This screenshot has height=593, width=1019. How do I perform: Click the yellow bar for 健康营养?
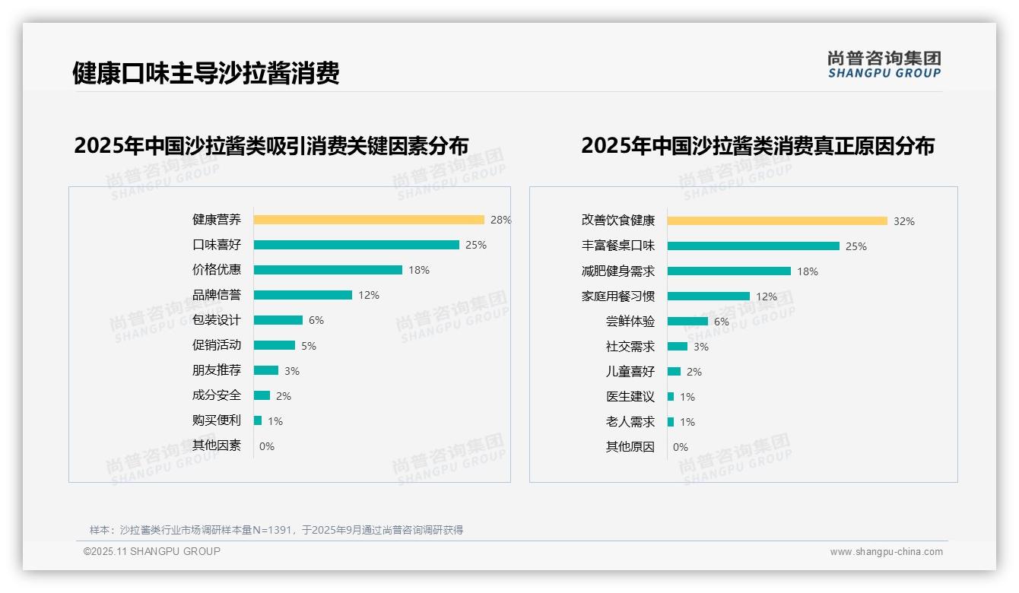coord(369,220)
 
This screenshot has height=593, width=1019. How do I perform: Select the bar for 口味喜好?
coord(356,245)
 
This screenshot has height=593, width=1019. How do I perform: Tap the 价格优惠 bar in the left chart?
coord(328,270)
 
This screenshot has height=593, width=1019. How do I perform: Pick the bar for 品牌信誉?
coord(303,295)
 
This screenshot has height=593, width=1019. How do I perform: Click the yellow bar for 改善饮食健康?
coord(777,221)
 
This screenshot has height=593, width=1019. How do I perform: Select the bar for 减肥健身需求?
coord(729,271)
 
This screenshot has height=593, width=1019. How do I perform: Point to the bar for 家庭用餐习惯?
coord(708,296)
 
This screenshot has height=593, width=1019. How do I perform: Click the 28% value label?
coord(500,220)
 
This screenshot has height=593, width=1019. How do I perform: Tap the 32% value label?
coord(903,221)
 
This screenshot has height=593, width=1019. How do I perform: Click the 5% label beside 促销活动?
coord(308,346)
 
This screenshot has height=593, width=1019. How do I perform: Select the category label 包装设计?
coord(216,320)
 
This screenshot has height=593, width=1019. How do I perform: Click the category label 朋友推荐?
coord(216,370)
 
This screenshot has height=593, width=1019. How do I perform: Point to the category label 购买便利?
coord(216,420)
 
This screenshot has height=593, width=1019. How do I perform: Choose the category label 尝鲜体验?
coord(630,322)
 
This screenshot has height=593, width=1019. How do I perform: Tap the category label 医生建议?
coord(630,397)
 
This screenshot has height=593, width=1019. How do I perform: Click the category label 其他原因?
coord(630,447)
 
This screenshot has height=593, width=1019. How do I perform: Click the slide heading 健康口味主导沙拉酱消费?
coord(205,73)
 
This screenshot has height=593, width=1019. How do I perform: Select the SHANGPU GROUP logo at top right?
coord(884,65)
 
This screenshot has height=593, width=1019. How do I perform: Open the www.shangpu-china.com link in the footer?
coord(886,552)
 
